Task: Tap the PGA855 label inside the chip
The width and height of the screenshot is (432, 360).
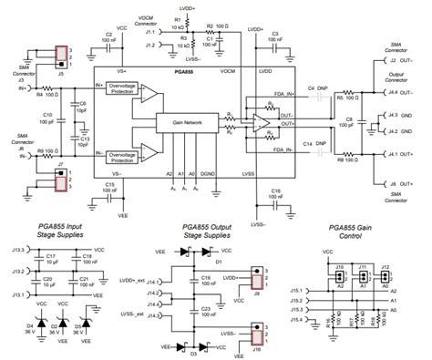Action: (170, 70)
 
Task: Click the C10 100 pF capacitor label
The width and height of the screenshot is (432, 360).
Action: (47, 118)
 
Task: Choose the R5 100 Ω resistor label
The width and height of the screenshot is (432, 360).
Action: (345, 95)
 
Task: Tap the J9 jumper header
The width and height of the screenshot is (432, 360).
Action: (256, 273)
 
